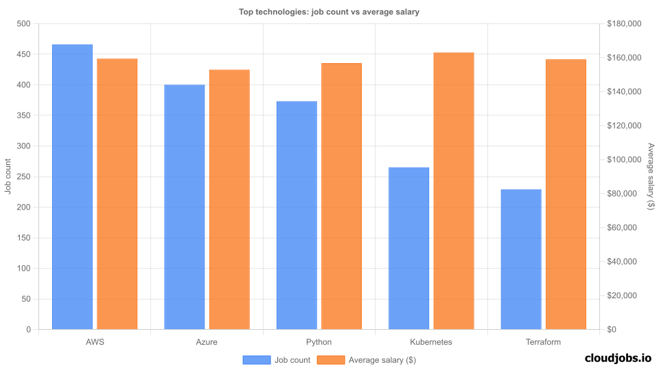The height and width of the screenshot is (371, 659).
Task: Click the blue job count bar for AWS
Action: tap(72, 187)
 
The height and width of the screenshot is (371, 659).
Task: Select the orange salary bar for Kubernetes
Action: tap(454, 191)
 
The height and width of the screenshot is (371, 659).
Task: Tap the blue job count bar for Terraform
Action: tap(521, 259)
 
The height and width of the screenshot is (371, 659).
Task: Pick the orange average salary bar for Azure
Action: tap(229, 199)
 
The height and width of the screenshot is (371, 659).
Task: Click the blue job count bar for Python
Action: tap(297, 215)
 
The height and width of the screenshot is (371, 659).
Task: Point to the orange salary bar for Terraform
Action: tap(566, 194)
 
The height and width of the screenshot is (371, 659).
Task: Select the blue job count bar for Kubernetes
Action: tap(408, 248)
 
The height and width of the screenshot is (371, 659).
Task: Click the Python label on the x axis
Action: tap(319, 342)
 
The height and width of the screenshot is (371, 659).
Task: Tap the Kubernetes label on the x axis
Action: tap(431, 342)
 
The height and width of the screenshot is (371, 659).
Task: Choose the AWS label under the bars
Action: tap(95, 342)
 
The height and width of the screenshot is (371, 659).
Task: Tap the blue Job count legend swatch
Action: tap(256, 359)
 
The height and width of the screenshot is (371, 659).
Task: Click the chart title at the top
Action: tap(329, 11)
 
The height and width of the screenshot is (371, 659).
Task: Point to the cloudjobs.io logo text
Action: tap(617, 358)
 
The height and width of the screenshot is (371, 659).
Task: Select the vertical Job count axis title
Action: tap(8, 177)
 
